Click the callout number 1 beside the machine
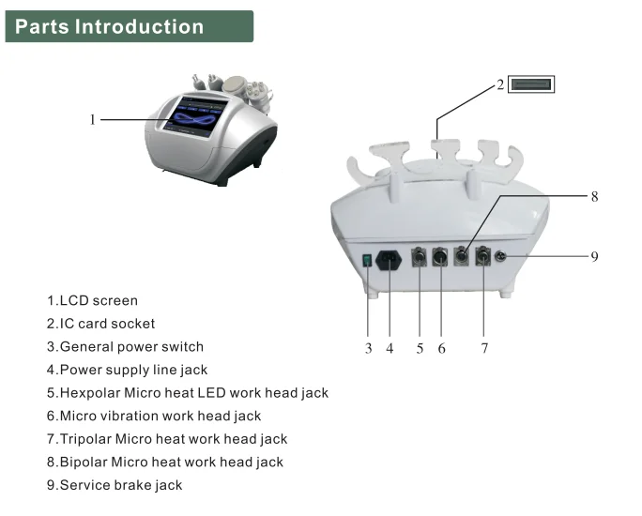click(93, 119)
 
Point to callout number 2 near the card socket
click(500, 84)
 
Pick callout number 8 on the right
click(594, 197)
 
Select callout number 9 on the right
click(594, 256)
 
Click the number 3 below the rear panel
click(369, 348)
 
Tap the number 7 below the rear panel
click(484, 348)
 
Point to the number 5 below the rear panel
click(420, 348)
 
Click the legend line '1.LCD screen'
click(92, 301)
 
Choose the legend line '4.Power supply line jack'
click(127, 370)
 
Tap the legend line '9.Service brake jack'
click(115, 485)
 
